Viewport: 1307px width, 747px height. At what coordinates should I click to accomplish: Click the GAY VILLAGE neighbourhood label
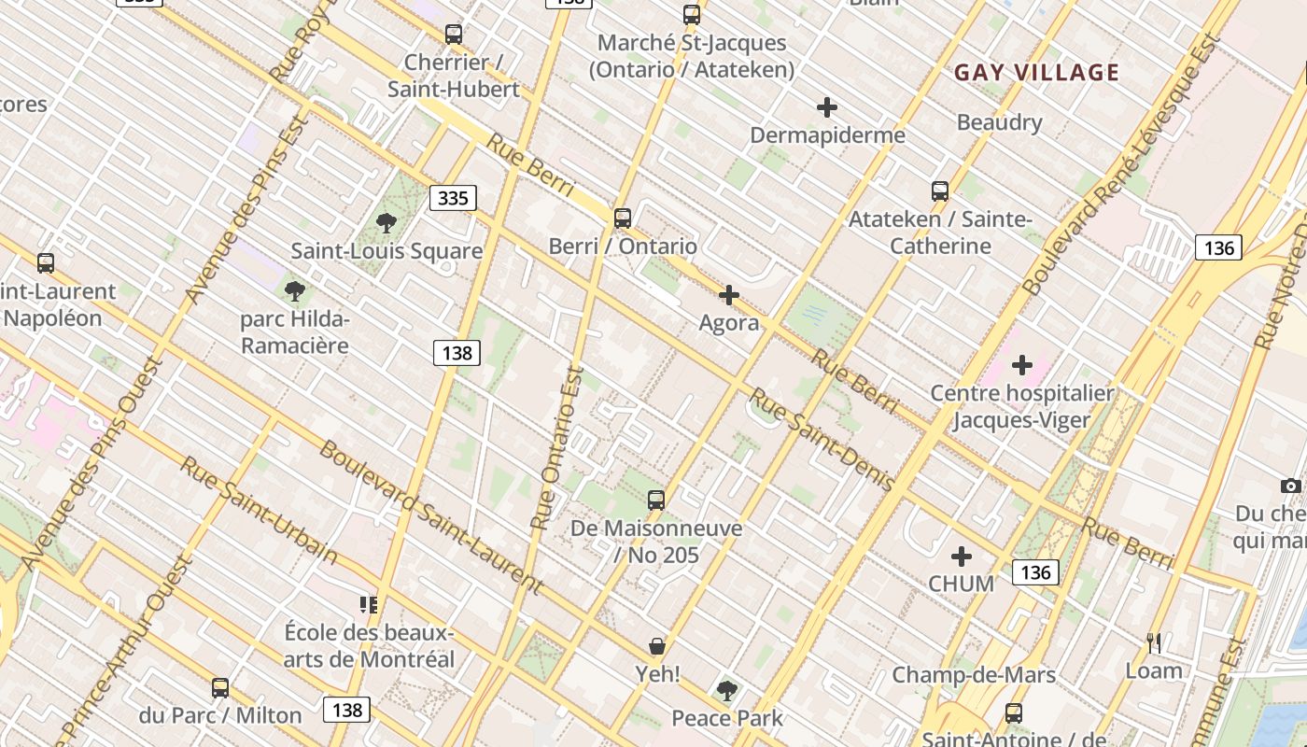pyautogui.click(x=1036, y=73)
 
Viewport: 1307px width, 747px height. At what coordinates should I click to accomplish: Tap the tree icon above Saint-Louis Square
pyautogui.click(x=386, y=222)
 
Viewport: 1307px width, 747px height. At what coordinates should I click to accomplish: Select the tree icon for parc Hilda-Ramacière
pyautogui.click(x=295, y=290)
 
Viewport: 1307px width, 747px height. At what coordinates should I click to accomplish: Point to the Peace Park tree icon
pyautogui.click(x=726, y=691)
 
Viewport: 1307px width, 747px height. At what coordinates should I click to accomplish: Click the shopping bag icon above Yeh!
pyautogui.click(x=657, y=646)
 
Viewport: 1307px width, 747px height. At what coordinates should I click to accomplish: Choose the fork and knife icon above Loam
pyautogui.click(x=1154, y=642)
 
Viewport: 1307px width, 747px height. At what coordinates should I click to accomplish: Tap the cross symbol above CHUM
pyautogui.click(x=961, y=557)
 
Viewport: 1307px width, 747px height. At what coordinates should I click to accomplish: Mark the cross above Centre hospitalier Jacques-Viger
pyautogui.click(x=1022, y=364)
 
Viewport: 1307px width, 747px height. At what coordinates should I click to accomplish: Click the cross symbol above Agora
pyautogui.click(x=729, y=296)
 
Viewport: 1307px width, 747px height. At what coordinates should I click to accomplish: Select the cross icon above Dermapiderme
pyautogui.click(x=826, y=107)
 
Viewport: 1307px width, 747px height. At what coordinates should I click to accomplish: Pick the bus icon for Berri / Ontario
pyautogui.click(x=623, y=218)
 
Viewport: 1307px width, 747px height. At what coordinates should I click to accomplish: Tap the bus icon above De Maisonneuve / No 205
pyautogui.click(x=656, y=500)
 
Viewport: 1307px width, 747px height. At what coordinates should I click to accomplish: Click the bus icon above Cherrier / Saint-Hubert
pyautogui.click(x=454, y=35)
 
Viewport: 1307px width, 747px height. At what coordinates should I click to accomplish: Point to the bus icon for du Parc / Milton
pyautogui.click(x=220, y=688)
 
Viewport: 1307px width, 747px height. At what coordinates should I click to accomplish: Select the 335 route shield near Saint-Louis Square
pyautogui.click(x=453, y=198)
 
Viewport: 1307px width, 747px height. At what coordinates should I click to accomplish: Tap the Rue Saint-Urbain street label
pyautogui.click(x=259, y=510)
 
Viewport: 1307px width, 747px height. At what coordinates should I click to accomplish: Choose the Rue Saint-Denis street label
pyautogui.click(x=822, y=440)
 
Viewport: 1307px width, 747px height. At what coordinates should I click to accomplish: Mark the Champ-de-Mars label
pyautogui.click(x=974, y=675)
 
